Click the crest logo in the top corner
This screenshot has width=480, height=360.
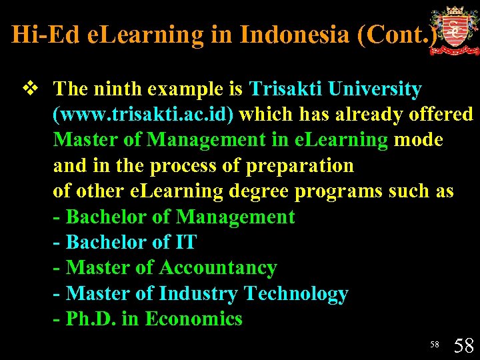(454, 30)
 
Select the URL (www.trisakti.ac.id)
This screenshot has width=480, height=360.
(143, 115)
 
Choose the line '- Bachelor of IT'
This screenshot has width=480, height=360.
(125, 242)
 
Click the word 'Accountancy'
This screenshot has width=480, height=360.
(217, 268)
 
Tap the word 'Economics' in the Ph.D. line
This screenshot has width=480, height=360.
(193, 319)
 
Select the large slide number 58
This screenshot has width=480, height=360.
(463, 345)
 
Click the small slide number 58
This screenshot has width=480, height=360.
(434, 344)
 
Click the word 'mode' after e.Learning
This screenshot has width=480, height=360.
(419, 140)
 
